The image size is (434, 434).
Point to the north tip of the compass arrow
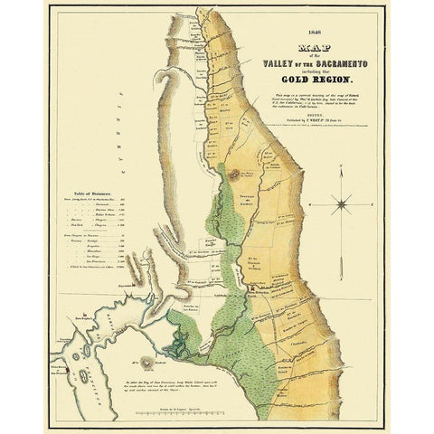tap(343, 177)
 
